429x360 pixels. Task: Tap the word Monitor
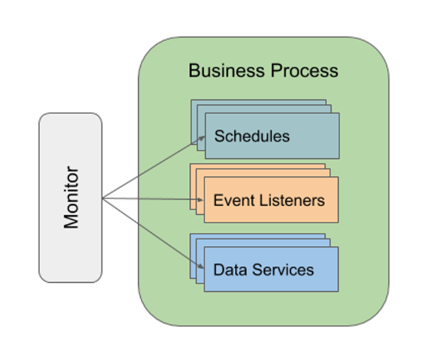point(71,197)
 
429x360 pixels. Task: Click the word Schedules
point(252,137)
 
